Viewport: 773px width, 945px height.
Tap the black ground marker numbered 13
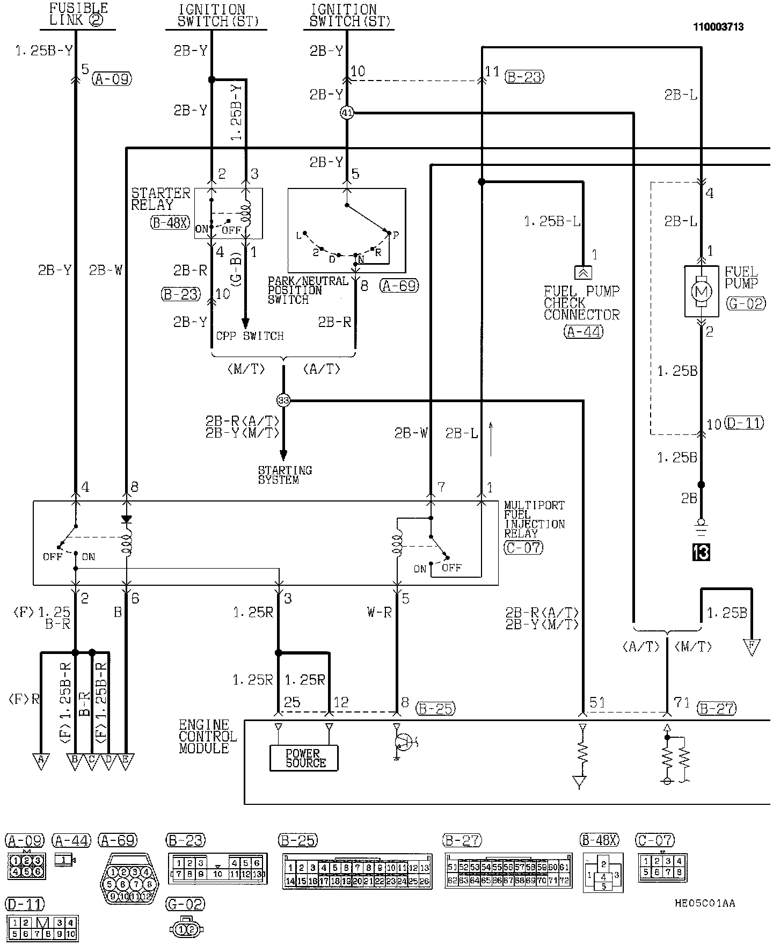tap(701, 553)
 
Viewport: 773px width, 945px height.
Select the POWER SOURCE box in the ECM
tap(304, 758)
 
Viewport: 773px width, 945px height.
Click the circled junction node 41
tap(347, 113)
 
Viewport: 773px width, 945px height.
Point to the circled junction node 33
tap(283, 400)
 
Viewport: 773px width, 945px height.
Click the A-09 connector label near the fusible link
tap(112, 79)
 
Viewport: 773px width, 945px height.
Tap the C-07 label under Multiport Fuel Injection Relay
tap(523, 547)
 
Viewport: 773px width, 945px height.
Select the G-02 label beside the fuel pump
tap(746, 303)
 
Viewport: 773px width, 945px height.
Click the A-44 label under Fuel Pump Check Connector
tap(583, 332)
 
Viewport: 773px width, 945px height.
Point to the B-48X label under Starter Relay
tap(170, 222)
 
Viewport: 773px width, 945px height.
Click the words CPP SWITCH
tap(250, 336)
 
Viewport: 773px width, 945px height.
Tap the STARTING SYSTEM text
tap(285, 475)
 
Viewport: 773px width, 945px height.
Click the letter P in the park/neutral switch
tap(396, 235)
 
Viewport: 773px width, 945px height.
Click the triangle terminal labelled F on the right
tap(752, 646)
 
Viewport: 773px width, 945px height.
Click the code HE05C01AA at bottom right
tap(705, 903)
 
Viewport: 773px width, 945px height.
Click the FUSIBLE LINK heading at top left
tap(78, 14)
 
